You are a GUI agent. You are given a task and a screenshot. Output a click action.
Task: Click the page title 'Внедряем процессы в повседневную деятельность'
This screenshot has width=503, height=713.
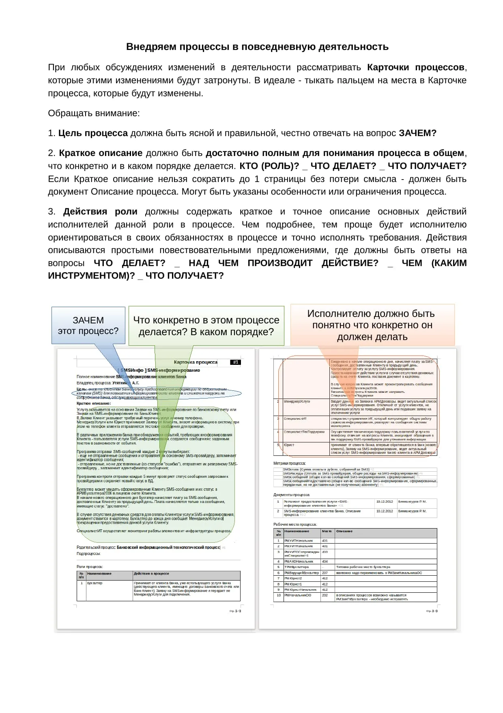[257, 47]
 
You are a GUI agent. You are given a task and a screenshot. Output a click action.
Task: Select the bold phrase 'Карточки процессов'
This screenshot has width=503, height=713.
[416, 67]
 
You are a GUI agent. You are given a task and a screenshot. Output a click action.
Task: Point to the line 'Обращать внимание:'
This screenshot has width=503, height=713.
[94, 113]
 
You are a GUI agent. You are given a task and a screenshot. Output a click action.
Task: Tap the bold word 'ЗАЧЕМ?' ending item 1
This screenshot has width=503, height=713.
[417, 133]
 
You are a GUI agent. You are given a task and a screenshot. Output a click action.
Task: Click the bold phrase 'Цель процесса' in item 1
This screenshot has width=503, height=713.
[93, 133]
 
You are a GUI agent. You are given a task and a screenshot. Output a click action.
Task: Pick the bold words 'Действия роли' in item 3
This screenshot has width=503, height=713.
[100, 212]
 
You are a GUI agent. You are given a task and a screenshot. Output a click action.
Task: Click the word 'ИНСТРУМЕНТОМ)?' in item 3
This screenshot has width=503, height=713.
[91, 276]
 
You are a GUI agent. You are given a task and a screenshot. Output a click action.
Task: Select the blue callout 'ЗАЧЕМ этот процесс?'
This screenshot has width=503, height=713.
[88, 326]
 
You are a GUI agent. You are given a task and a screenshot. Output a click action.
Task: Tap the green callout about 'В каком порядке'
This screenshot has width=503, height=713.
[206, 326]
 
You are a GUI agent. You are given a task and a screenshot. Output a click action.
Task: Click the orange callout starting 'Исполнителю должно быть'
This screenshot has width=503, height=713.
[372, 325]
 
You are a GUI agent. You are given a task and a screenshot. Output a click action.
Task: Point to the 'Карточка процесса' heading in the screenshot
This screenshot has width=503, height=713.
[196, 362]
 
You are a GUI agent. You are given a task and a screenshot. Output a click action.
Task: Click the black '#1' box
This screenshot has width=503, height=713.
[236, 362]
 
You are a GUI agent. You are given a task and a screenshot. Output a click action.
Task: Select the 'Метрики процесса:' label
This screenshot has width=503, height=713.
[290, 463]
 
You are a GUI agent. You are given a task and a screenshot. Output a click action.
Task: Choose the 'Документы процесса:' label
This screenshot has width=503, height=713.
[292, 495]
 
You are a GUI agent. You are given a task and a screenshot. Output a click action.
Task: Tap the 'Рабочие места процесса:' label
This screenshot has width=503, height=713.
[295, 524]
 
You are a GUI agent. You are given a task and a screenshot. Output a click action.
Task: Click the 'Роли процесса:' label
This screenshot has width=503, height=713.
[90, 567]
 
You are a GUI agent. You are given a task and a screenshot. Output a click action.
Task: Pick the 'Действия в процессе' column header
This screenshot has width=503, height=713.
[151, 574]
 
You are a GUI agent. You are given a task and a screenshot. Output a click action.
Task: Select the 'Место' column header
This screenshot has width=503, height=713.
[327, 531]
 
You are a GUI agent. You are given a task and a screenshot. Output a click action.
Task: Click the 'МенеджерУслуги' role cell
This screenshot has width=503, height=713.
[297, 401]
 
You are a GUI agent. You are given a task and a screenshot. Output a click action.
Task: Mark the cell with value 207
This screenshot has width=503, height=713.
[325, 573]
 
